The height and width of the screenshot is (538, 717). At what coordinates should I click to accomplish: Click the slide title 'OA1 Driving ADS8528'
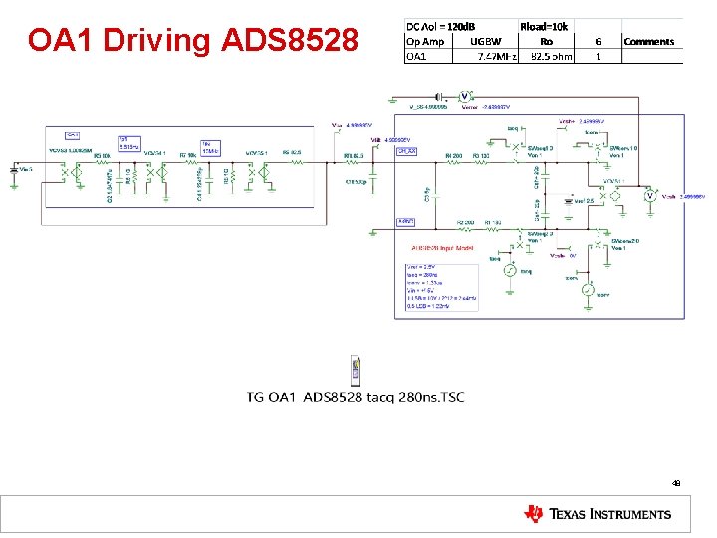pyautogui.click(x=193, y=41)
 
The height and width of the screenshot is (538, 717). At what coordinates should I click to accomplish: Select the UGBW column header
pyautogui.click(x=487, y=41)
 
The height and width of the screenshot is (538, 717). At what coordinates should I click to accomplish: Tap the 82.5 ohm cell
pyautogui.click(x=551, y=56)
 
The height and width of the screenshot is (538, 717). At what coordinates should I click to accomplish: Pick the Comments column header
pyautogui.click(x=648, y=41)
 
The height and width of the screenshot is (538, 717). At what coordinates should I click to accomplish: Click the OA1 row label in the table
pyautogui.click(x=416, y=56)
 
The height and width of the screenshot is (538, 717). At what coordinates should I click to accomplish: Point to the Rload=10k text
pyautogui.click(x=544, y=27)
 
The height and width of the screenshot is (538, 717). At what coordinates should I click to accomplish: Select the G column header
pyautogui.click(x=598, y=41)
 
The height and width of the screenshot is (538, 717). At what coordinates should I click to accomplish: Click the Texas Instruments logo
pyautogui.click(x=597, y=514)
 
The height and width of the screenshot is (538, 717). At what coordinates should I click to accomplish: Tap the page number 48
pyautogui.click(x=676, y=483)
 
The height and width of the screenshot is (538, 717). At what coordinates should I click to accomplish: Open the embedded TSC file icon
pyautogui.click(x=355, y=370)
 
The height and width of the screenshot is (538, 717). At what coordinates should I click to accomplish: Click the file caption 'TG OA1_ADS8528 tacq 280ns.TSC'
pyautogui.click(x=356, y=398)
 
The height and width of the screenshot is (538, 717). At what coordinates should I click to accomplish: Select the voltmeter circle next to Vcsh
pyautogui.click(x=649, y=197)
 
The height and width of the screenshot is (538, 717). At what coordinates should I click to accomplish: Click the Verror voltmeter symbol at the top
pyautogui.click(x=464, y=96)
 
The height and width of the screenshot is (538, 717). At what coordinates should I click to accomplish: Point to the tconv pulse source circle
pyautogui.click(x=589, y=291)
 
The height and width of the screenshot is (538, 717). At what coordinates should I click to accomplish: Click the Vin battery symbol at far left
pyautogui.click(x=14, y=171)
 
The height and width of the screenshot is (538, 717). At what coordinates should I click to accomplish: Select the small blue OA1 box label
pyautogui.click(x=72, y=134)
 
